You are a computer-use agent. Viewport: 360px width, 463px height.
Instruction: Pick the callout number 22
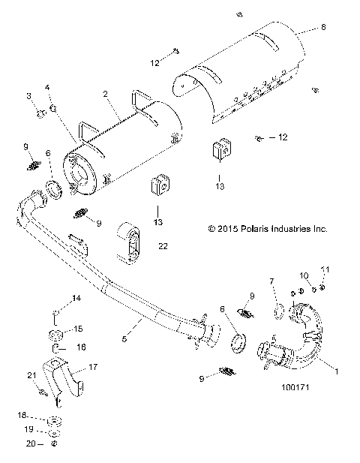coord(163,245)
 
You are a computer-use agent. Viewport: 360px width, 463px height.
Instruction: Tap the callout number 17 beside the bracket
coord(94,367)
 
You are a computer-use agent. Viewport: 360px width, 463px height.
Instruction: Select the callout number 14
coord(76,299)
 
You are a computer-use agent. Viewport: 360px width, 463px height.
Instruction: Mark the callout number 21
coord(31,375)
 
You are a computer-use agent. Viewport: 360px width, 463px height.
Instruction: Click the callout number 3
coord(29,96)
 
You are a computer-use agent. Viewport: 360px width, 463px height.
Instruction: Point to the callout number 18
coord(22,414)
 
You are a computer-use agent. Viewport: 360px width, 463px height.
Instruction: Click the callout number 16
coord(82,348)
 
